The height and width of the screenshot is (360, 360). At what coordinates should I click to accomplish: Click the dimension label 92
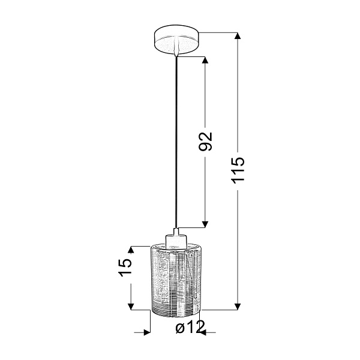point(206,141)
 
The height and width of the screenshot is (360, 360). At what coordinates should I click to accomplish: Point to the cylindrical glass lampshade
point(176,279)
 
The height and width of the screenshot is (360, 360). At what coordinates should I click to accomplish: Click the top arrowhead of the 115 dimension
point(238,36)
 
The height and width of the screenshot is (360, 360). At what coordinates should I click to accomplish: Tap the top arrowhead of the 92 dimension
point(206,62)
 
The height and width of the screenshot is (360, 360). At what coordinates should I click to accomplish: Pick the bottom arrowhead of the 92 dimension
point(206,224)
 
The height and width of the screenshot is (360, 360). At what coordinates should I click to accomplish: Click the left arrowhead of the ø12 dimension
point(146,331)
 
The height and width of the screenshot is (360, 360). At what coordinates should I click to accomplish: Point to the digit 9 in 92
point(206,148)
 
